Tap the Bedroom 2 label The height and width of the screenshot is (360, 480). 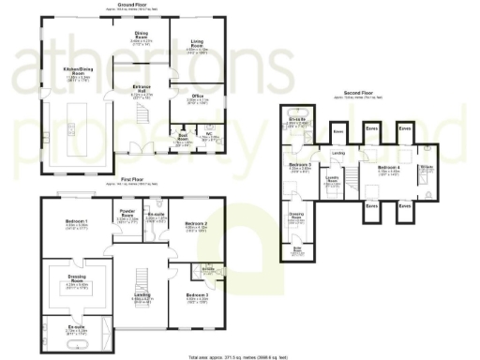pos(195,223)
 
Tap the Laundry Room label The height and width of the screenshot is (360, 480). pos(332,178)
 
